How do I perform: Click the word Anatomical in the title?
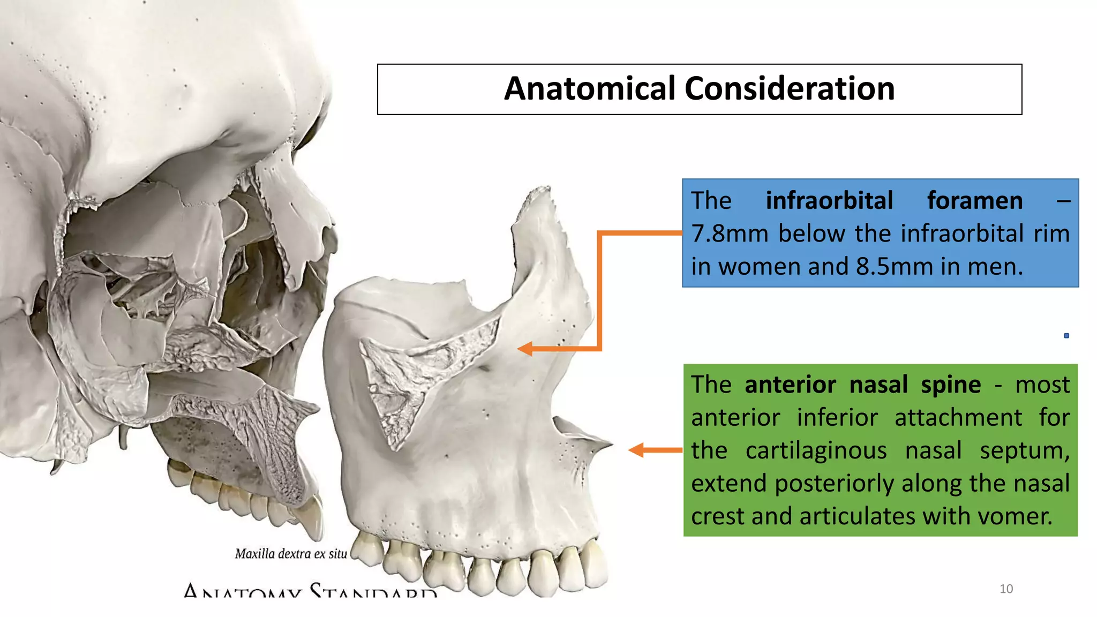coord(590,88)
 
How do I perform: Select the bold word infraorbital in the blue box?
coord(829,200)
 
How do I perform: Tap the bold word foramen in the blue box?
coord(975,200)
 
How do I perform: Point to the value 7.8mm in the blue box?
coord(730,234)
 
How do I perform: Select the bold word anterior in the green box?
coord(790,385)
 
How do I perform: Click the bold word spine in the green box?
coord(951,385)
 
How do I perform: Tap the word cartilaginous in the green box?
coord(816,450)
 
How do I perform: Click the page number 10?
coord(1006,589)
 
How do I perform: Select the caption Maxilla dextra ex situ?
coord(291,554)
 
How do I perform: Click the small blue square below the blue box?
coord(1066,336)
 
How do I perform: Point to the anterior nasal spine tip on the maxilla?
coord(609,443)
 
